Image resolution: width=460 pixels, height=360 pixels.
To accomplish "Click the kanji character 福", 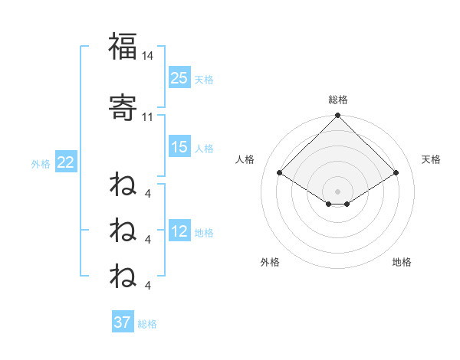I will coord(123,47).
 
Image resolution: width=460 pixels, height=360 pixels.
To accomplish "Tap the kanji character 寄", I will coord(123,106).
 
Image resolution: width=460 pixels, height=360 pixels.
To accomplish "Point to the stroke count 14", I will coord(148,56).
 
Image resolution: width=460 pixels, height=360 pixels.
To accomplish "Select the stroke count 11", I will coord(148,117).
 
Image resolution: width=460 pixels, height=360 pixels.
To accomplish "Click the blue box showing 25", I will coord(179,78).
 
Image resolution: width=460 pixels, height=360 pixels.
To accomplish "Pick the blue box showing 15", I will coord(179,148).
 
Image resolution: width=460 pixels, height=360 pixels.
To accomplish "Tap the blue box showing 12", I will coord(179,232).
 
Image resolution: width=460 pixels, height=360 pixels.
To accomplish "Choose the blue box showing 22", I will coord(65,162).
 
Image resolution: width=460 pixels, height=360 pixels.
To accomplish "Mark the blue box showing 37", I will coord(123,322).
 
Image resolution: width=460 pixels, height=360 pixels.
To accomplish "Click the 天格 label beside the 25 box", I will coord(204,79).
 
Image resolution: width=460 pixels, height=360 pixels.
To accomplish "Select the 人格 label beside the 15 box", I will coord(204,149).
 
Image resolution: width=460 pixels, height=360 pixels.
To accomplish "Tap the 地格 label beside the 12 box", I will coord(204,233).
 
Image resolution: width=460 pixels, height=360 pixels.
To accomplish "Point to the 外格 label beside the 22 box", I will coord(41,163).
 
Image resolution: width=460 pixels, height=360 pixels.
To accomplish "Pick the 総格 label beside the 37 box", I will coord(147,323).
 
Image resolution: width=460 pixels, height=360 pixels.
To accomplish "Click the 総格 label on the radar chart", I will coord(338,100).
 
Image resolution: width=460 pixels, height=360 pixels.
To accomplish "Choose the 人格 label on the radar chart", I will coord(245,159).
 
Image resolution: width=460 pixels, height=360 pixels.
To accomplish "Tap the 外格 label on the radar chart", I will coord(270,262).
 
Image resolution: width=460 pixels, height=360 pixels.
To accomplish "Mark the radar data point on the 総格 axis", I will coord(338,116).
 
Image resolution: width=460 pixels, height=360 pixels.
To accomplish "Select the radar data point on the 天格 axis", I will coord(396,173).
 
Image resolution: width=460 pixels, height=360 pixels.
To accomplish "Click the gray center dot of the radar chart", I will coord(338,191).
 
